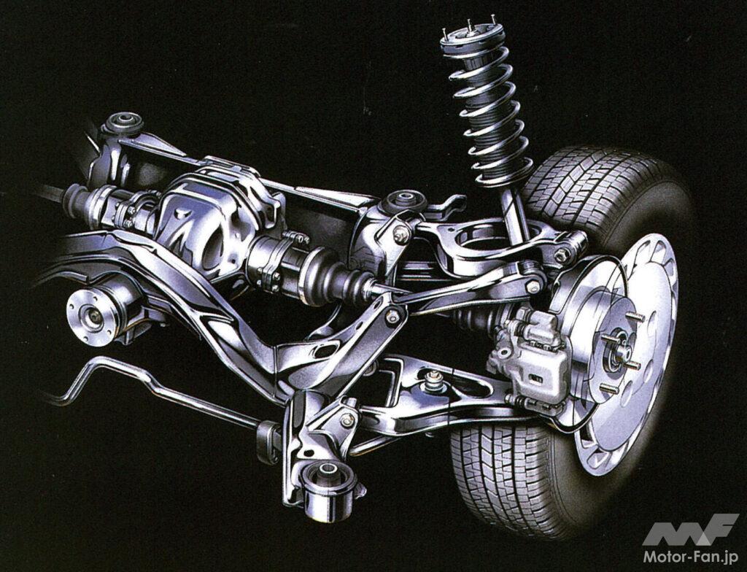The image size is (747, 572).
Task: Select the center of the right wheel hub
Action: (620, 352)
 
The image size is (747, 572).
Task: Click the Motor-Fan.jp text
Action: (691, 557)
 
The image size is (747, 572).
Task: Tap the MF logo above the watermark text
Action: (690, 529)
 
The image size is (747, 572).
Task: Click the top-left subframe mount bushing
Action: (123, 123)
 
